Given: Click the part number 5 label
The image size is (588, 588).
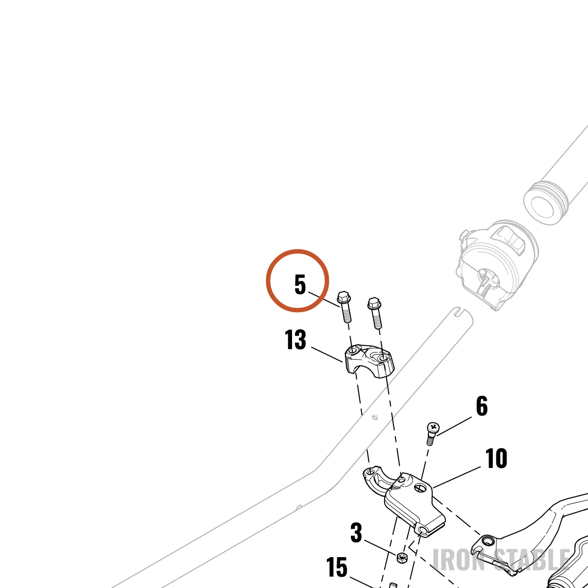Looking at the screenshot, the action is pos(300,284).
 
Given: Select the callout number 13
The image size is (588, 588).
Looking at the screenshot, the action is pos(295,340).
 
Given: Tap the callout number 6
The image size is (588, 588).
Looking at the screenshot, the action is pos(482,406).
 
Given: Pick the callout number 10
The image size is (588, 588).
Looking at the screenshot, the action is pos(496,458).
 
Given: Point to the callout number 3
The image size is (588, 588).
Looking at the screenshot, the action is pos(356,533).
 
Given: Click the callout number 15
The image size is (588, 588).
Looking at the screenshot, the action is pos(337,567).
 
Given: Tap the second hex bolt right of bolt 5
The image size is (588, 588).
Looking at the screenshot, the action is pos(375,313).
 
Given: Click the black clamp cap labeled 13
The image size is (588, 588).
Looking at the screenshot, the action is pos(370,362).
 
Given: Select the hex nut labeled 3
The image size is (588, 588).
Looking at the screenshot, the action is pos(402,558).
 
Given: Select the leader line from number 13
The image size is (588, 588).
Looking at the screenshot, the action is pos(327,355).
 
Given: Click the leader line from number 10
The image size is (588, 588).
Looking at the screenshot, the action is pos(457,476).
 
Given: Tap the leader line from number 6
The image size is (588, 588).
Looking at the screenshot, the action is pos(454,426).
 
